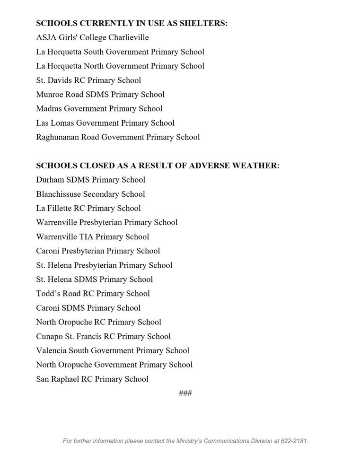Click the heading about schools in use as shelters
(132, 23)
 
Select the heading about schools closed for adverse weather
(158, 166)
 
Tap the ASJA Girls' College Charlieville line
(92, 37)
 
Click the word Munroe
(49, 95)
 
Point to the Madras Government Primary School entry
(99, 109)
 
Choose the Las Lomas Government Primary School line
(105, 123)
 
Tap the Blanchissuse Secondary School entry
(90, 194)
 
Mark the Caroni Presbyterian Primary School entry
(98, 251)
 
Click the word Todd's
(47, 294)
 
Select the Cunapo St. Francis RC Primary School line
(103, 336)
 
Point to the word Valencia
(52, 350)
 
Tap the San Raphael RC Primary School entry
(92, 379)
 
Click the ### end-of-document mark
(185, 393)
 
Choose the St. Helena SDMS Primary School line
(94, 279)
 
